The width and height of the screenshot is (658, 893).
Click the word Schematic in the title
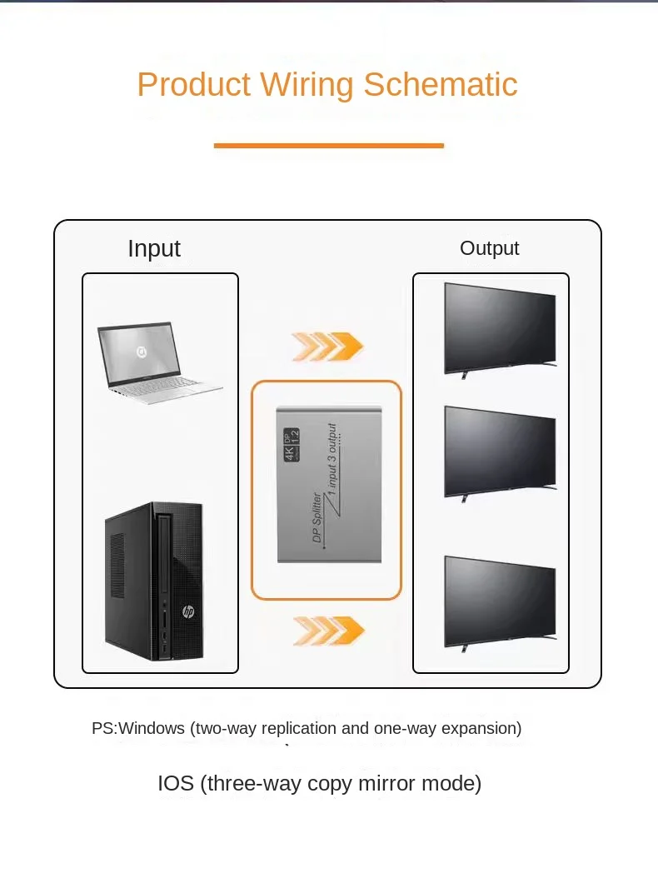coord(440,84)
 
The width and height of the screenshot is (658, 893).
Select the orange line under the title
coord(328,146)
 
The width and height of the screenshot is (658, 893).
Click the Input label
coord(154,249)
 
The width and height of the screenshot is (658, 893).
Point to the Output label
coord(490,248)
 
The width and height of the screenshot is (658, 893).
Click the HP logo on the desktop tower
coord(188,611)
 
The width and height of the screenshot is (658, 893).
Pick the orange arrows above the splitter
coord(327,347)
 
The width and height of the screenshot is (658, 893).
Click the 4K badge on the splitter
coord(292,444)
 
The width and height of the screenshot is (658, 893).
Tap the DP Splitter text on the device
coord(317,517)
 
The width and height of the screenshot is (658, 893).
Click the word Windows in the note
coord(152,728)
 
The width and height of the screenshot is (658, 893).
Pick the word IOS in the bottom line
coord(176,784)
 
